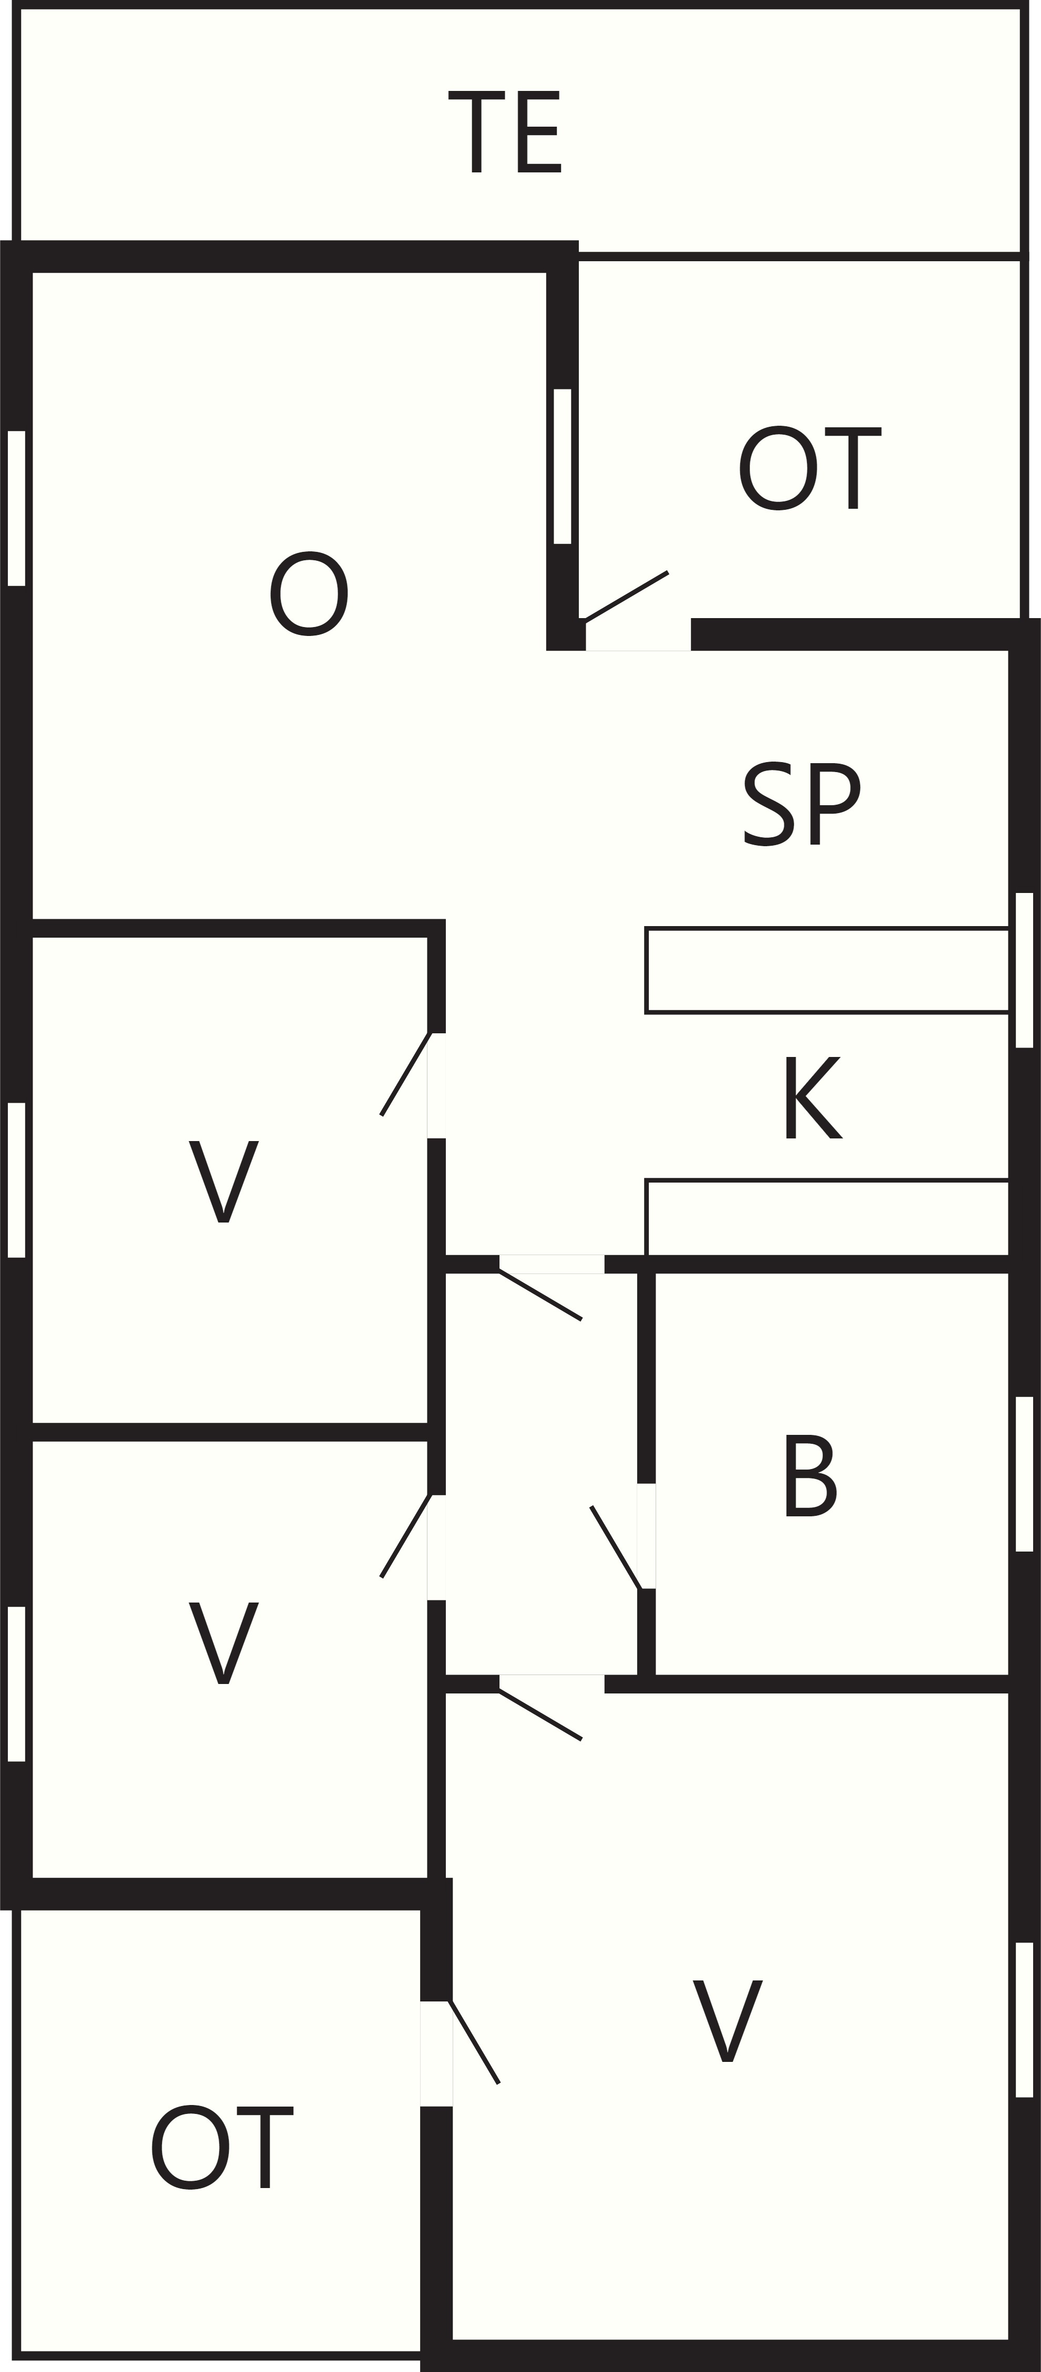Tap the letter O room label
[x=309, y=593]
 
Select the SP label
[x=801, y=803]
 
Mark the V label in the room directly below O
[x=224, y=1182]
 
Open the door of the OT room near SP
[x=627, y=596]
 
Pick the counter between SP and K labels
[x=827, y=971]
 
